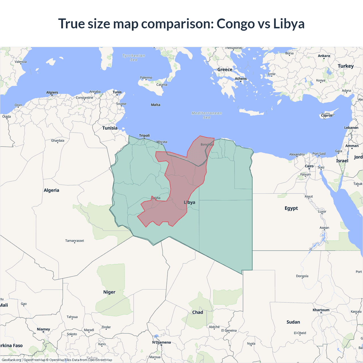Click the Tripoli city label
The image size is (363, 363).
coord(144,136)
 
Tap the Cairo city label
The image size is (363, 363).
coord(309,166)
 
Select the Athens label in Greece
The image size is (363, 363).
coord(241,79)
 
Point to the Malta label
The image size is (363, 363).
coord(155,105)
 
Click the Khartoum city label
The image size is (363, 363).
coord(321,310)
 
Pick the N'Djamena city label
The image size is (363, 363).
coord(161,342)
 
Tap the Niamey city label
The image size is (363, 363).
coord(43,329)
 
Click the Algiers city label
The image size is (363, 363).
coord(52,92)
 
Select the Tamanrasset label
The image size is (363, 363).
coord(75,241)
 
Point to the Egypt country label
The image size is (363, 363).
coord(291,208)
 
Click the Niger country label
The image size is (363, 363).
coord(109,292)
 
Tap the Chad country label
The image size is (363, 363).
coord(198,312)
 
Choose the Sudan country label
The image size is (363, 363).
coord(293,322)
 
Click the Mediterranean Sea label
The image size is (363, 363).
coord(207,115)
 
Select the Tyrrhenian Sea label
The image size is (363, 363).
coord(134,58)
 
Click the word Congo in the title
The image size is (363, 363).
coord(236,24)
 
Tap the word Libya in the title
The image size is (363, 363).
coord(289,24)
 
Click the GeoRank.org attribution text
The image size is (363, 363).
coord(11,360)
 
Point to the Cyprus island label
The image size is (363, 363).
coord(327,115)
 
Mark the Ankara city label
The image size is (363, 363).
coord(324,56)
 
